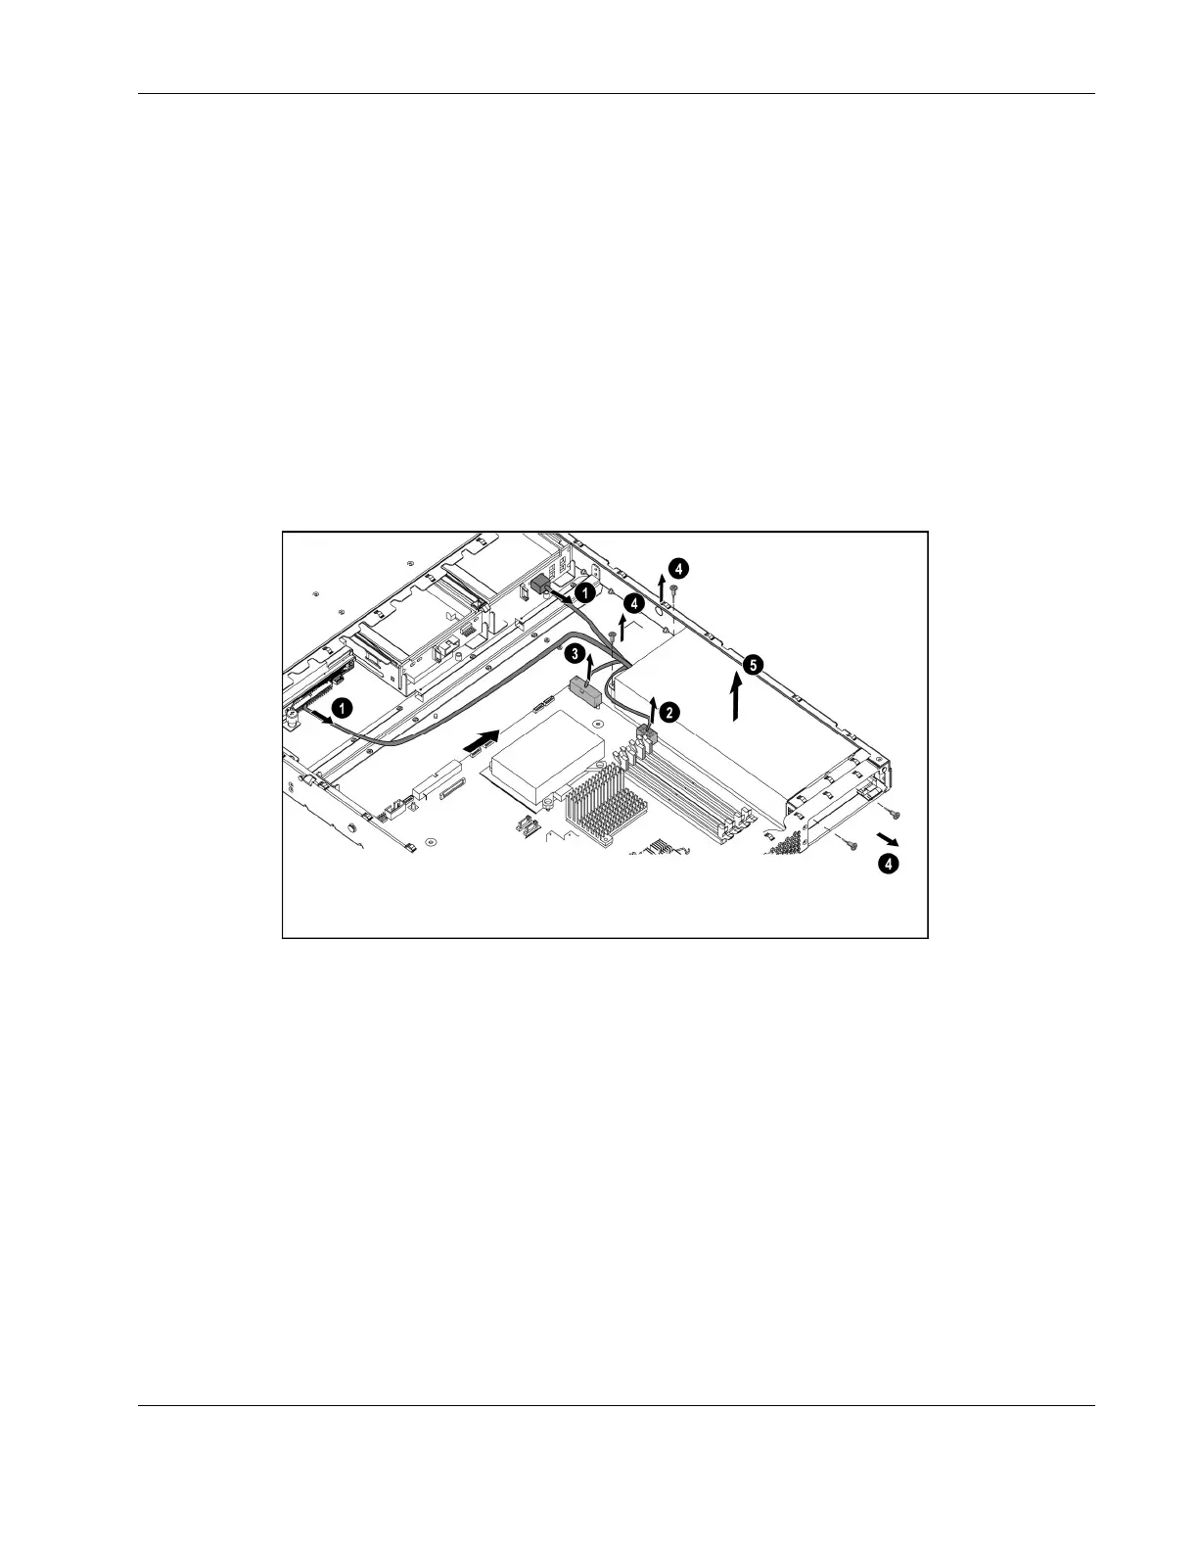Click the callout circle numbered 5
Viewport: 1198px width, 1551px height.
tap(751, 664)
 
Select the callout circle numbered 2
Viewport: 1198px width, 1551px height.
tap(668, 713)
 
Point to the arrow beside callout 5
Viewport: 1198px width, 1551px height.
tap(735, 699)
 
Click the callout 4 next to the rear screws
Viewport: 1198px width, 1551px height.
tap(887, 864)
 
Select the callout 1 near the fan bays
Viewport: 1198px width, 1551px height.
tap(584, 592)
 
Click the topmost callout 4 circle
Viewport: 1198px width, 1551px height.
tap(678, 567)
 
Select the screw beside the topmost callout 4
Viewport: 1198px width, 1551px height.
tap(674, 587)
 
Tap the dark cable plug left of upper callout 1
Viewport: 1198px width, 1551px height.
tap(539, 585)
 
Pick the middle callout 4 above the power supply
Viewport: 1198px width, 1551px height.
tap(635, 604)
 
